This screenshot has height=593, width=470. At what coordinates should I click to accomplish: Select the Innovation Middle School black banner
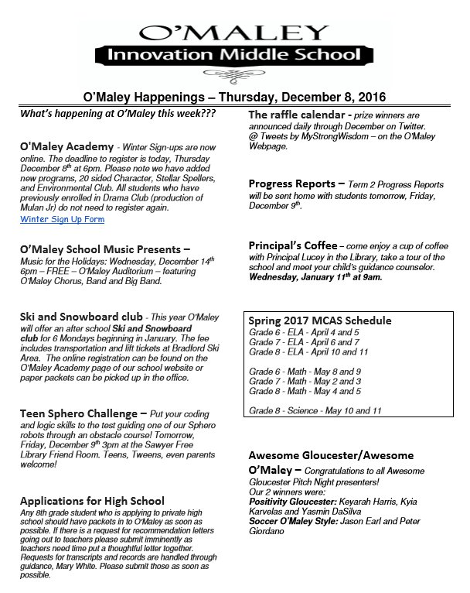234,55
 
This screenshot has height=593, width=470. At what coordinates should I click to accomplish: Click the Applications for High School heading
92,500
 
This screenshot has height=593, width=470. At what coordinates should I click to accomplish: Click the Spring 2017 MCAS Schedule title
320,320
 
